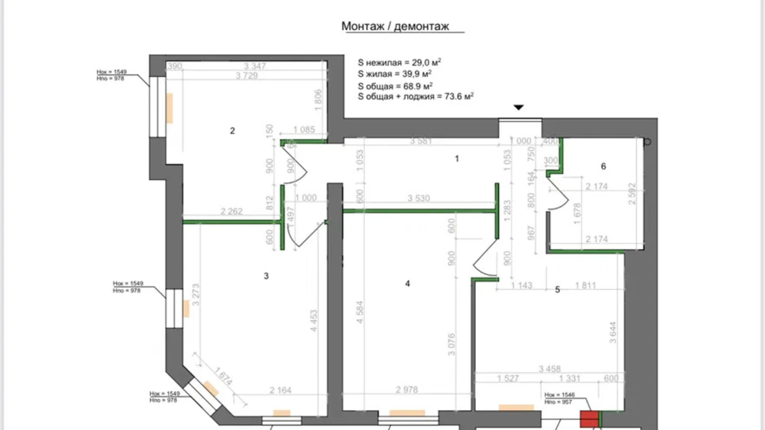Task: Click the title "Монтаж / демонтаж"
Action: pos(395,26)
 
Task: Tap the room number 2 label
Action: pos(232,131)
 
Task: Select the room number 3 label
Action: pos(266,276)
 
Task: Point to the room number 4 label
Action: pos(407,284)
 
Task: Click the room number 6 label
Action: pos(603,166)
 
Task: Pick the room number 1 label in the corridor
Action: pos(457,158)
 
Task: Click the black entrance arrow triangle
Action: pos(519,107)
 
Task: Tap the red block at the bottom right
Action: pos(589,419)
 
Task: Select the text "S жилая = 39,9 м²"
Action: pos(394,74)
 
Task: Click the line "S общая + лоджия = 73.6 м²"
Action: pos(415,97)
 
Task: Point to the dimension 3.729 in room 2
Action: pos(246,76)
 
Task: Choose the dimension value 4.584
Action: pos(360,312)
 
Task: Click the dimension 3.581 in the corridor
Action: pos(421,141)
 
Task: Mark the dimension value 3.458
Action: pos(550,369)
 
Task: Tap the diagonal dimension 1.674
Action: pos(223,376)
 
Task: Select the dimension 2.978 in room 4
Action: pos(406,389)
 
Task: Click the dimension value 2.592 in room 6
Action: pos(631,194)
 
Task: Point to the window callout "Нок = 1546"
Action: pos(559,395)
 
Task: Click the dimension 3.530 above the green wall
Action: pos(418,198)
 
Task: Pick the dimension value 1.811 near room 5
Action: pos(585,285)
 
